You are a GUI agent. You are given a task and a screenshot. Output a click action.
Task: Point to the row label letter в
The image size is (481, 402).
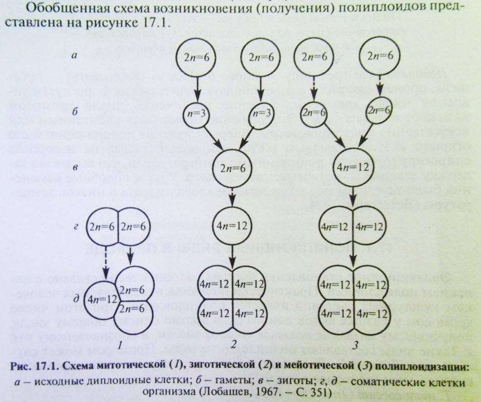[75, 166]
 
